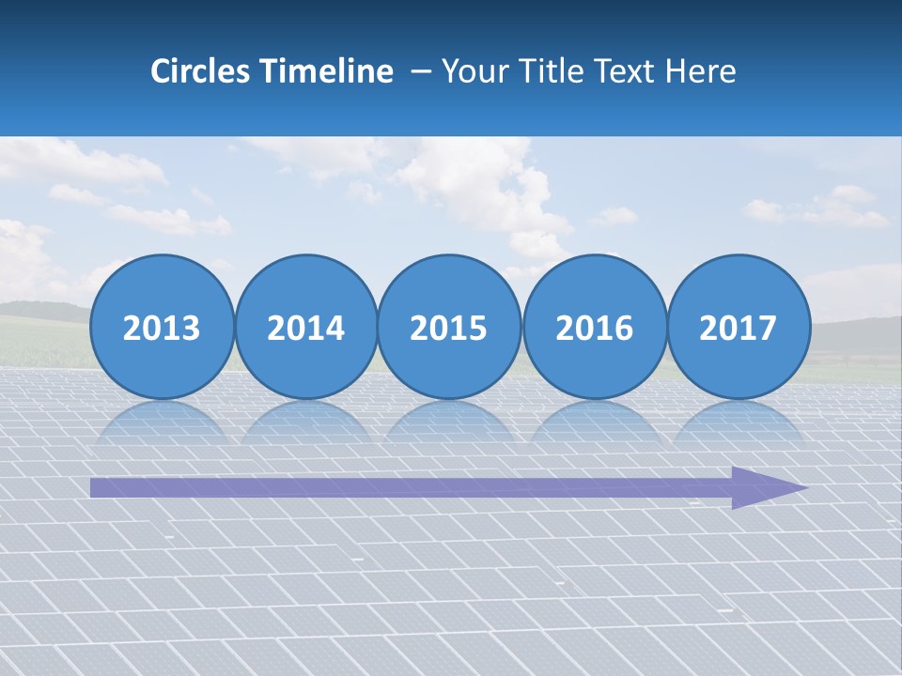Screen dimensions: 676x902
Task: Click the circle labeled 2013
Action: pyautogui.click(x=162, y=326)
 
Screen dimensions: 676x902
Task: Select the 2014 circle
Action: pyautogui.click(x=305, y=326)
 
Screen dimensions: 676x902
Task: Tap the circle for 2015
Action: pyautogui.click(x=449, y=326)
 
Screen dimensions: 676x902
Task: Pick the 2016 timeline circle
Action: pyautogui.click(x=594, y=326)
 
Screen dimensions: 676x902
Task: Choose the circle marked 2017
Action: pyautogui.click(x=739, y=326)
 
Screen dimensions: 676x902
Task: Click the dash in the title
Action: pyautogui.click(x=421, y=72)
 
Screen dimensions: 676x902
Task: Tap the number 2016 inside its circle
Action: pyautogui.click(x=594, y=328)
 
